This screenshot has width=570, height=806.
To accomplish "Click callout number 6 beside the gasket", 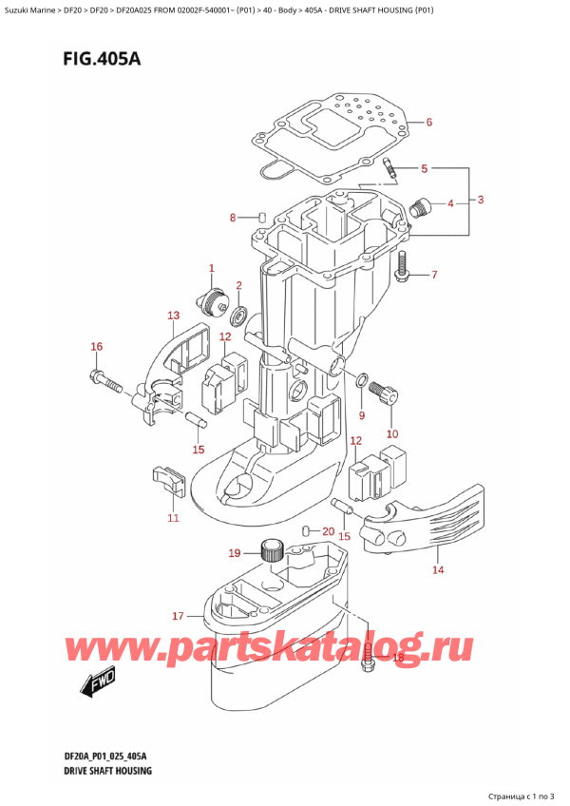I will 428,123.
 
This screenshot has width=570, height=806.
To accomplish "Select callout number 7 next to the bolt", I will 434,277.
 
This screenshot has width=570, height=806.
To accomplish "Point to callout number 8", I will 233,219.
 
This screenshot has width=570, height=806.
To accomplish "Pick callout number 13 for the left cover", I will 173,316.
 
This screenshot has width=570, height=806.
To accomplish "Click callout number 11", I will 172,518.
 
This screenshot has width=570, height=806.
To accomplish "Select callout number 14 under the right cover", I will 437,570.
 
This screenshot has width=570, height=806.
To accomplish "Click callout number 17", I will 177,617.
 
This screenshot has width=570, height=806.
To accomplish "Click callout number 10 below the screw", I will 392,434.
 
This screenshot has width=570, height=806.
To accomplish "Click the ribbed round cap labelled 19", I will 273,550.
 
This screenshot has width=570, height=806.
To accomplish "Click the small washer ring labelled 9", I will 362,381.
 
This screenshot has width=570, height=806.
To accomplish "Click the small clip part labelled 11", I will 167,480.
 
